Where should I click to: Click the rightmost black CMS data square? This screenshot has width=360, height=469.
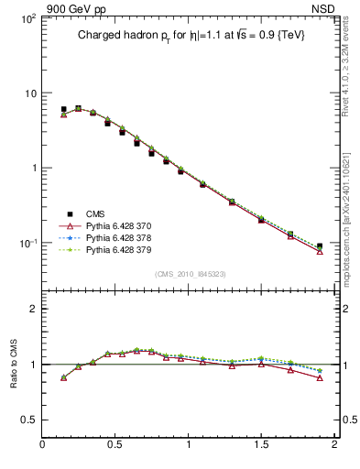coord(320,246)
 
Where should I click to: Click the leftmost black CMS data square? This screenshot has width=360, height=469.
coord(64,109)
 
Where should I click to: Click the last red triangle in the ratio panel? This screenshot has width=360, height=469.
coord(320,377)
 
